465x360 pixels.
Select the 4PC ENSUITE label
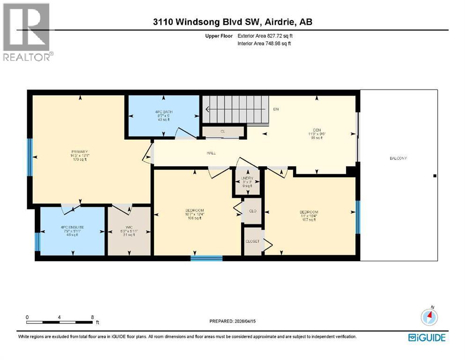tap(72, 227)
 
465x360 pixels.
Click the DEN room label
tap(316, 130)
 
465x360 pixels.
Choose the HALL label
tap(211, 153)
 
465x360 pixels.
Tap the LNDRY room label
tap(247, 178)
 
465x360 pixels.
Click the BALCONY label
tap(398, 158)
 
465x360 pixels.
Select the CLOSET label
tap(252, 241)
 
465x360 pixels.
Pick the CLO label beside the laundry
tap(253, 211)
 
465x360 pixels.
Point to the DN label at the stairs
tap(276, 109)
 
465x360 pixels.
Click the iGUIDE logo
tap(427, 337)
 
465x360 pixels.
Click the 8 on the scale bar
tap(92, 317)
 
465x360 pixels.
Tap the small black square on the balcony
tap(435, 176)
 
